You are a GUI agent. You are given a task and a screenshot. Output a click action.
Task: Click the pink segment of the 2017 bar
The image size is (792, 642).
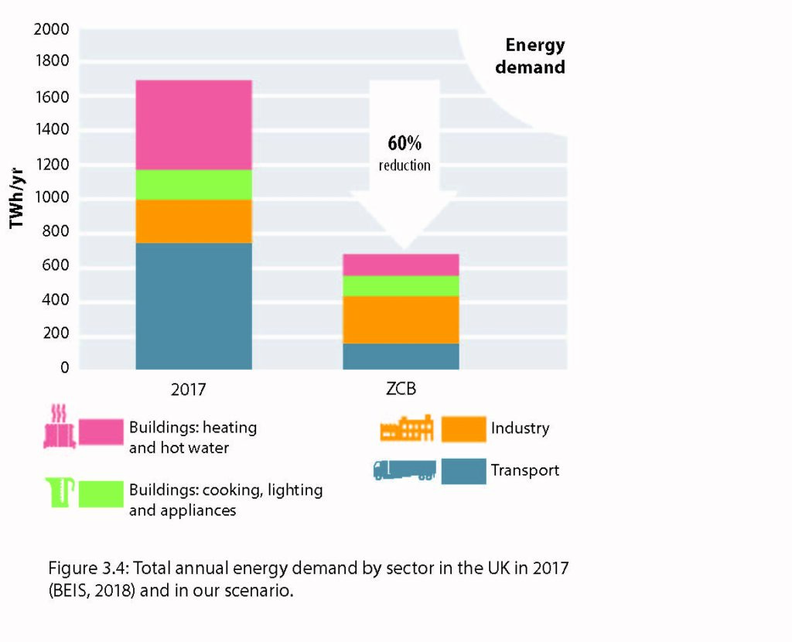tap(193, 125)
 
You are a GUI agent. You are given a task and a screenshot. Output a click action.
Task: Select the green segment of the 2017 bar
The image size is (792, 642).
tap(193, 185)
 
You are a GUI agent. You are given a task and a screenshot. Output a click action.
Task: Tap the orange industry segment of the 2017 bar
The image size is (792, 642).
tap(193, 221)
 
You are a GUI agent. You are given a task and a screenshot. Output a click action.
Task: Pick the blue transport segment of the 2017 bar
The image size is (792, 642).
tap(193, 306)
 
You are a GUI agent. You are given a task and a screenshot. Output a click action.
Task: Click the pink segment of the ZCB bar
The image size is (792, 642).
tap(401, 265)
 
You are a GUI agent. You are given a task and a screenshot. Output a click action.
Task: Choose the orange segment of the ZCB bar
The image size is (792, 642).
tap(401, 319)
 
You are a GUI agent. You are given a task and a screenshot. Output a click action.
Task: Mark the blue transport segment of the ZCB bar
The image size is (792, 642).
tap(401, 356)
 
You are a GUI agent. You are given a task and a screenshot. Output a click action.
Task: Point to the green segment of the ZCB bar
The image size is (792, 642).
tap(401, 286)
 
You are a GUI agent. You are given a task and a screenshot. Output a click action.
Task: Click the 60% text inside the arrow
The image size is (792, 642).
tap(405, 144)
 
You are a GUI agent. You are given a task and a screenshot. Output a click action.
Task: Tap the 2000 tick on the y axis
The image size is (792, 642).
tap(52, 29)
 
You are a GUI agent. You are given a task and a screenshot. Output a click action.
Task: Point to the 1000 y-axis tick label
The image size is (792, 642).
tap(52, 198)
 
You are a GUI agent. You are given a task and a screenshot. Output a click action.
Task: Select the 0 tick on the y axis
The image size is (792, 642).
tap(65, 367)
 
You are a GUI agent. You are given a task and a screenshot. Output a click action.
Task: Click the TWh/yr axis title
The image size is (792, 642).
tap(16, 197)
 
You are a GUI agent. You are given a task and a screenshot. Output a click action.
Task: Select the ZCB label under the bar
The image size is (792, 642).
tap(401, 389)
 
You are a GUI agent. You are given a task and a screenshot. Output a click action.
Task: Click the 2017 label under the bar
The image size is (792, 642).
tap(189, 389)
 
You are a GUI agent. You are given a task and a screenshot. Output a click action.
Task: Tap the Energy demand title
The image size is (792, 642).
tap(531, 56)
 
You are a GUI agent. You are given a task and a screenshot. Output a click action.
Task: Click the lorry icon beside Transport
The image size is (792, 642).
tap(404, 470)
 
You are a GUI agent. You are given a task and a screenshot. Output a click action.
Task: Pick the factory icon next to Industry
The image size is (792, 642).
tap(406, 429)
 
